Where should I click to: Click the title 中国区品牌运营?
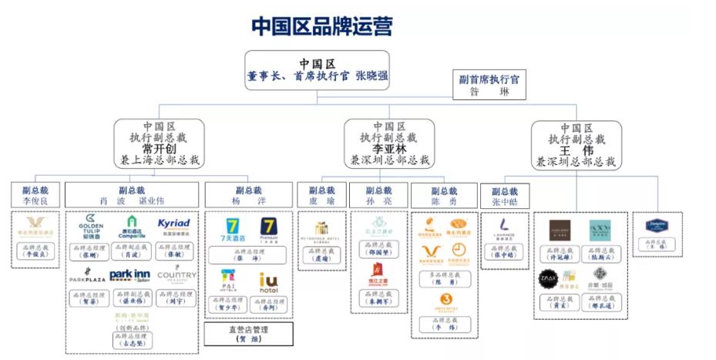(321, 25)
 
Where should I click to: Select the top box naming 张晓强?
(317, 70)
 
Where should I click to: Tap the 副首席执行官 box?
(489, 86)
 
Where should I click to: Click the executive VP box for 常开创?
(160, 143)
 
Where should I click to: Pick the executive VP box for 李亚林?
(388, 143)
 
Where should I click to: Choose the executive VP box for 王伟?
(576, 143)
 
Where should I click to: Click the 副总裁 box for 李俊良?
(35, 195)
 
